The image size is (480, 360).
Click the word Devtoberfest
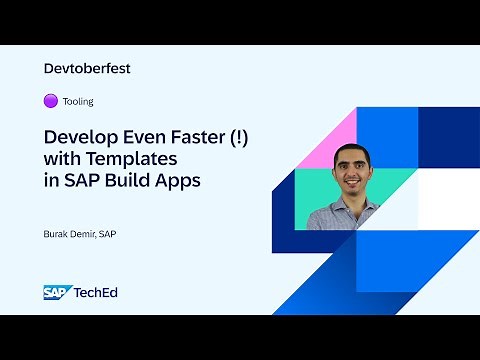coord(88,69)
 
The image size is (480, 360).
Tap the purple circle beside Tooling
coord(51,101)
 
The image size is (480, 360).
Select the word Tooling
coord(78,102)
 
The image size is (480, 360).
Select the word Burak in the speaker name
coord(59,234)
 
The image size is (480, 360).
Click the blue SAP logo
coord(56,292)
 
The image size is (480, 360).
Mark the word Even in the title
coord(151,138)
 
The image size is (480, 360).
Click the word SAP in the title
coord(80,182)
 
